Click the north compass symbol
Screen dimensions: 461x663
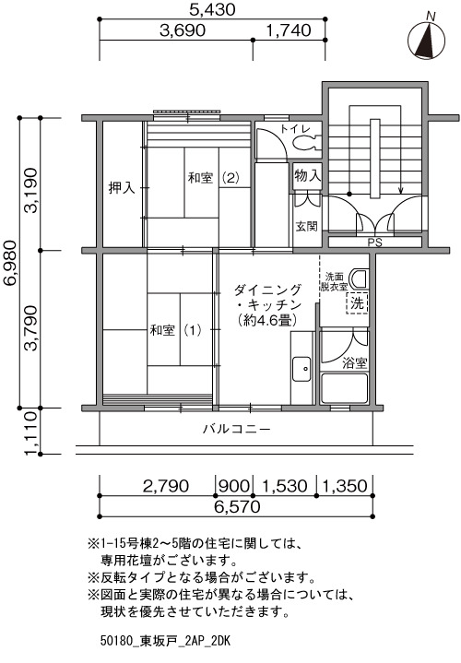pyautogui.click(x=426, y=40)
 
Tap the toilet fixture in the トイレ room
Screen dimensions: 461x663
pyautogui.click(x=307, y=143)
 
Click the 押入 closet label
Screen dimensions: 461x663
pyautogui.click(x=122, y=188)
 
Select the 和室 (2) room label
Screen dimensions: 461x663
pyautogui.click(x=214, y=178)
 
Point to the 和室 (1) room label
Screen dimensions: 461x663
pyautogui.click(x=175, y=330)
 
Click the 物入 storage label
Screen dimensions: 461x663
pyautogui.click(x=307, y=175)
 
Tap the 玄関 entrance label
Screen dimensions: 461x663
pyautogui.click(x=306, y=226)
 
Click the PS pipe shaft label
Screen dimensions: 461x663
pyautogui.click(x=374, y=243)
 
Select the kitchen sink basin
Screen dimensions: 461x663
pyautogui.click(x=301, y=369)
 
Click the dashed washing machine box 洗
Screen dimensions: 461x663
pyautogui.click(x=358, y=303)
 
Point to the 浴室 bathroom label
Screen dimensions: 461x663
pyautogui.click(x=354, y=362)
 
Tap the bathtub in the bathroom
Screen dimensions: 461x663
pyautogui.click(x=344, y=388)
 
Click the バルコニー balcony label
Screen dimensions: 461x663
pyautogui.click(x=236, y=429)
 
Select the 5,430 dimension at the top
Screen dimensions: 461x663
pyautogui.click(x=212, y=9)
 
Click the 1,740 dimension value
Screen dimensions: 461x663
pyautogui.click(x=289, y=30)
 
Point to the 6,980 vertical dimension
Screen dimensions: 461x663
pyautogui.click(x=10, y=263)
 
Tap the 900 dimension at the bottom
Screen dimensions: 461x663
pyautogui.click(x=234, y=485)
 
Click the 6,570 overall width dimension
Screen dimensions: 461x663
pyautogui.click(x=237, y=506)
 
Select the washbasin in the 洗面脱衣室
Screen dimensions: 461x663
pyautogui.click(x=361, y=278)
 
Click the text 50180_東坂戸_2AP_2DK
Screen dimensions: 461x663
pyautogui.click(x=165, y=641)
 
